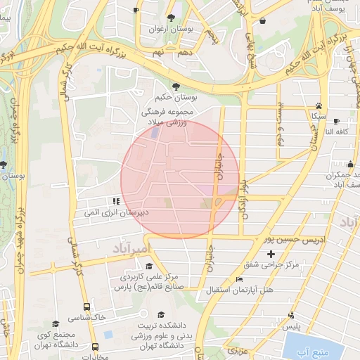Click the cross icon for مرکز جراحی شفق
click(x=271, y=253)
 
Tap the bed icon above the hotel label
click(x=239, y=279)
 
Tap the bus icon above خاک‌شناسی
click(x=86, y=307)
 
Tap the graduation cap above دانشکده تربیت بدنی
click(x=161, y=314)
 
